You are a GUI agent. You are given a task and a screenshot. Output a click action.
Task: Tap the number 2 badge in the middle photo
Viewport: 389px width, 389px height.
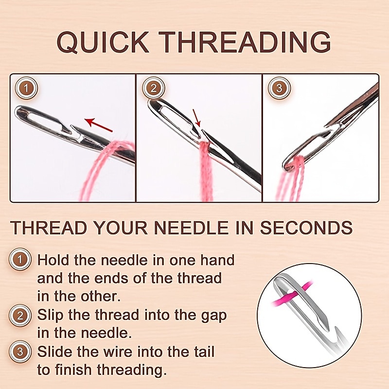(154, 88)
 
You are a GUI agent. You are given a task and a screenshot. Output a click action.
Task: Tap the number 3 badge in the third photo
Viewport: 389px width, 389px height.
(279, 88)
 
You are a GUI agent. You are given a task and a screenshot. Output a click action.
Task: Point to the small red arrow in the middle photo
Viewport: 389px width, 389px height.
(196, 118)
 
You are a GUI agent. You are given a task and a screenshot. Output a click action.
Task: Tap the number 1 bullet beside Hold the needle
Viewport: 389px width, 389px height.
(19, 260)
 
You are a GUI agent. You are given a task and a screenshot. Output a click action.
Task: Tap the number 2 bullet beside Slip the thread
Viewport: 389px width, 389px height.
(19, 315)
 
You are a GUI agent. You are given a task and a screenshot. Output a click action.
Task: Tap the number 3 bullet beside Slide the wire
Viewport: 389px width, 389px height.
(19, 351)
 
